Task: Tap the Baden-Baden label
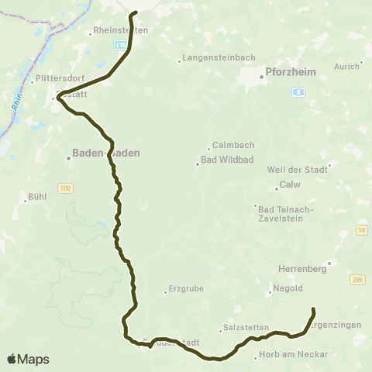tap(105, 153)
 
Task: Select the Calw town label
tap(289, 185)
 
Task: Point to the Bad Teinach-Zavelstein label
tap(284, 213)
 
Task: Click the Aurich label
tap(346, 67)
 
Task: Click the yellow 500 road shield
tap(65, 188)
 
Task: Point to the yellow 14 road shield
tap(361, 229)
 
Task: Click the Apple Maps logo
tap(28, 359)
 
